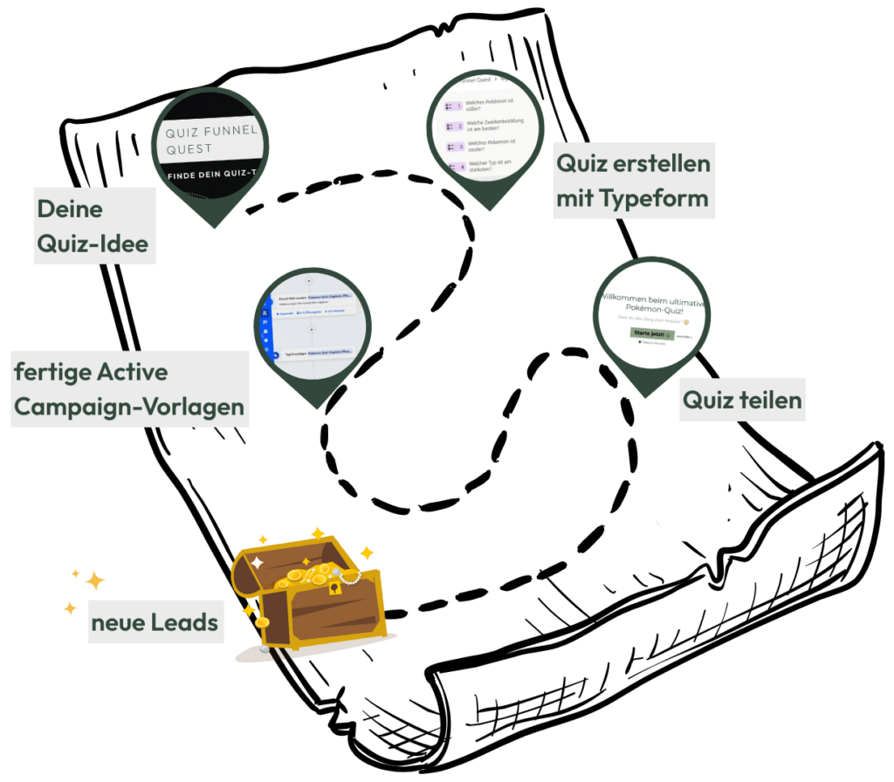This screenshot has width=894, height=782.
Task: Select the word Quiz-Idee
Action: pyautogui.click(x=93, y=244)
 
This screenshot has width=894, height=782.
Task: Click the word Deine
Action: pyautogui.click(x=70, y=209)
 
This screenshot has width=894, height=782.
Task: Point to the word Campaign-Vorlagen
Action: pyautogui.click(x=129, y=407)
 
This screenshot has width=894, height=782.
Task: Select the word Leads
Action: pyautogui.click(x=184, y=623)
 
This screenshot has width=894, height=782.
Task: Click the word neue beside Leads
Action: pyautogui.click(x=117, y=623)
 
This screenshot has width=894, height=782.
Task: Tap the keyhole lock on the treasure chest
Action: pyautogui.click(x=334, y=589)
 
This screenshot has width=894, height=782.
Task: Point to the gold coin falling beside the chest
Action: pyautogui.click(x=261, y=622)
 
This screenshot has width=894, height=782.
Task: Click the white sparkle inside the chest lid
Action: pyautogui.click(x=258, y=564)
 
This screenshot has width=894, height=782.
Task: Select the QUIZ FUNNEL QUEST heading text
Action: pyautogui.click(x=211, y=140)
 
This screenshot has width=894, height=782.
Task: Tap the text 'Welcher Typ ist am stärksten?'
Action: pyautogui.click(x=486, y=166)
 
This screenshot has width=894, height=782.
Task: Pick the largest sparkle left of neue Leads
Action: pyautogui.click(x=95, y=580)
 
